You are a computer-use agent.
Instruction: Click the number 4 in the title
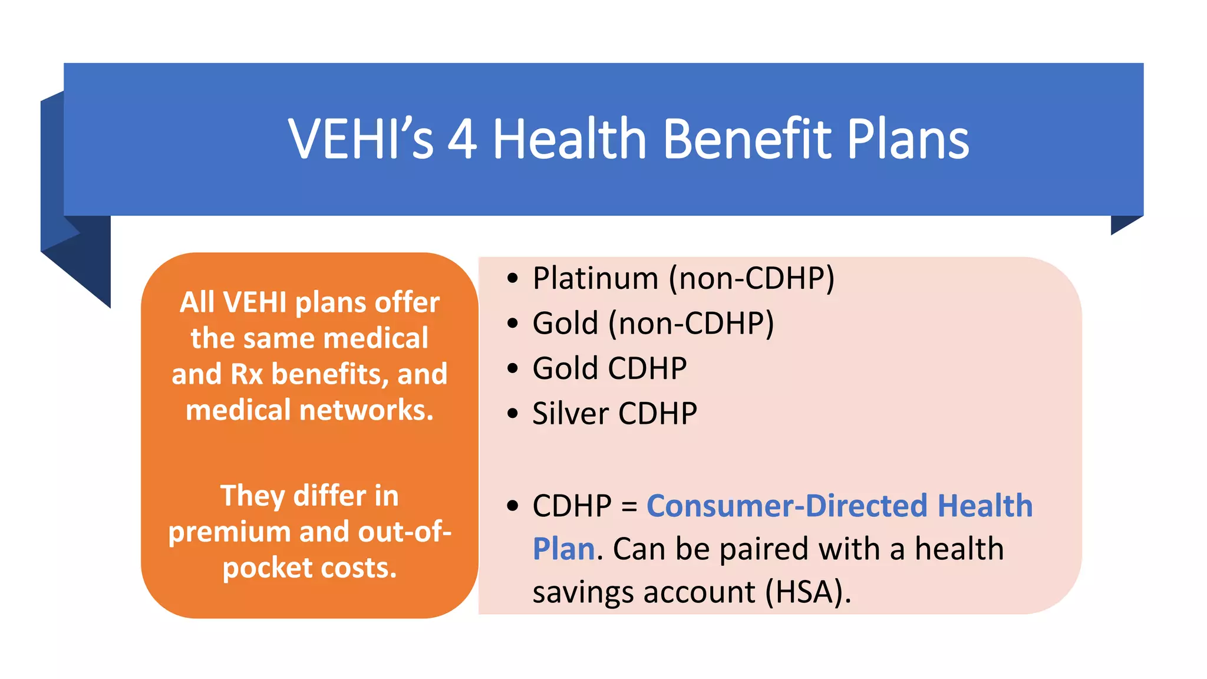tap(462, 140)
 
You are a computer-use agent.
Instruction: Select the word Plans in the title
tap(908, 140)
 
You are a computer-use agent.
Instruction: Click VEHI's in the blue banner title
tap(361, 140)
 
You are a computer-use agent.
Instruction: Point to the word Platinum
tap(595, 278)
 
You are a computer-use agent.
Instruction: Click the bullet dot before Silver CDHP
tap(513, 413)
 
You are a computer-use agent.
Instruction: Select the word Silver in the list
tap(570, 413)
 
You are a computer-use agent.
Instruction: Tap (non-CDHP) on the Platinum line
tap(751, 278)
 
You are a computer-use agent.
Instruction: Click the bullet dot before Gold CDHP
tap(513, 368)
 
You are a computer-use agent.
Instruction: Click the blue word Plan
tap(563, 549)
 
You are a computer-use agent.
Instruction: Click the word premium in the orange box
tap(229, 532)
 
